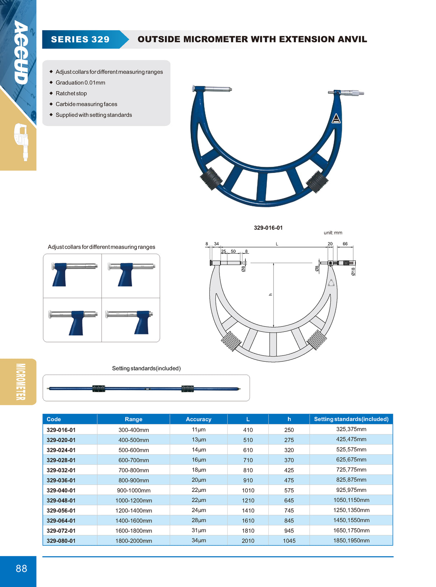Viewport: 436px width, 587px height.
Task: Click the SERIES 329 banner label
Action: pos(80,39)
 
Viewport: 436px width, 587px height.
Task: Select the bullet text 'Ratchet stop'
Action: pos(71,93)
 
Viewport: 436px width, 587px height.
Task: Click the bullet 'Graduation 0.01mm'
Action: pos(80,83)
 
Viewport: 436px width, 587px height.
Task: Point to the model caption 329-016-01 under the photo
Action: pos(268,228)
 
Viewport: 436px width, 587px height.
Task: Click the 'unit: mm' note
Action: pos(333,233)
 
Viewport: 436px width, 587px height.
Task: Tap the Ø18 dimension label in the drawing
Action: pos(353,272)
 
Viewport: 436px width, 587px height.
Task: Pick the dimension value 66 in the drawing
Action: pos(345,244)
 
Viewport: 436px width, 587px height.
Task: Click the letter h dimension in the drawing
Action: pos(270,295)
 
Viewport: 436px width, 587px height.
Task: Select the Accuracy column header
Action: pos(198,419)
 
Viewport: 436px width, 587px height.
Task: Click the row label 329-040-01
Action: pos(61,490)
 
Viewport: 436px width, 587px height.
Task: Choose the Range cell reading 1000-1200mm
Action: pos(134,501)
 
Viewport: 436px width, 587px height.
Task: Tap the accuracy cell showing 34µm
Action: pos(199,540)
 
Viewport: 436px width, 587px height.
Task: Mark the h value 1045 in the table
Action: pos(289,541)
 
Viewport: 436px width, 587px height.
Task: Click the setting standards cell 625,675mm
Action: pos(351,460)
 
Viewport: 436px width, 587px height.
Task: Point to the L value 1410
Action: pos(248,511)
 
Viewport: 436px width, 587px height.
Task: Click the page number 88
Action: pos(22,568)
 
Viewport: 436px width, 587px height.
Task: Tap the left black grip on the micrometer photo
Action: pos(210,178)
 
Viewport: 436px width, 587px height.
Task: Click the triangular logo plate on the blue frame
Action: pos(336,119)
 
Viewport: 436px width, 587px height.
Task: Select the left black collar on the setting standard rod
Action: pos(98,389)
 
